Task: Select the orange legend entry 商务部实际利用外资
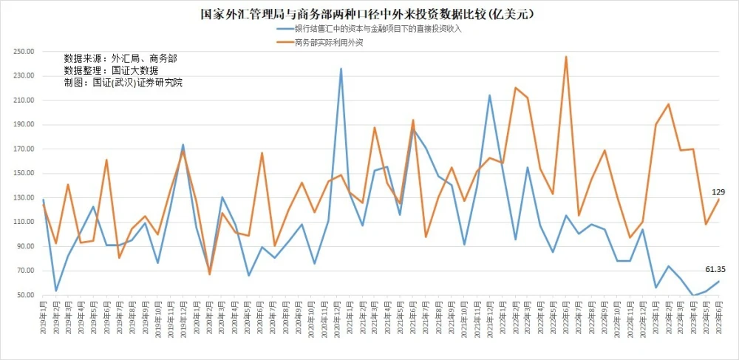point(328,43)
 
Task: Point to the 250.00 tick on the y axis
point(24,52)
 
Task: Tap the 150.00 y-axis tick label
point(24,174)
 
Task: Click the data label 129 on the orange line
point(718,191)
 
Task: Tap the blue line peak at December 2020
point(341,69)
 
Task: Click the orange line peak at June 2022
point(566,56)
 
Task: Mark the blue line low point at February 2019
point(56,291)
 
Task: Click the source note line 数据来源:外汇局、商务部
point(120,58)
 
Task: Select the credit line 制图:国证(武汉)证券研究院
point(123,82)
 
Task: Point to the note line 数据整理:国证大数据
point(111,70)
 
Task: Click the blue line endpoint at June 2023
point(718,281)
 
